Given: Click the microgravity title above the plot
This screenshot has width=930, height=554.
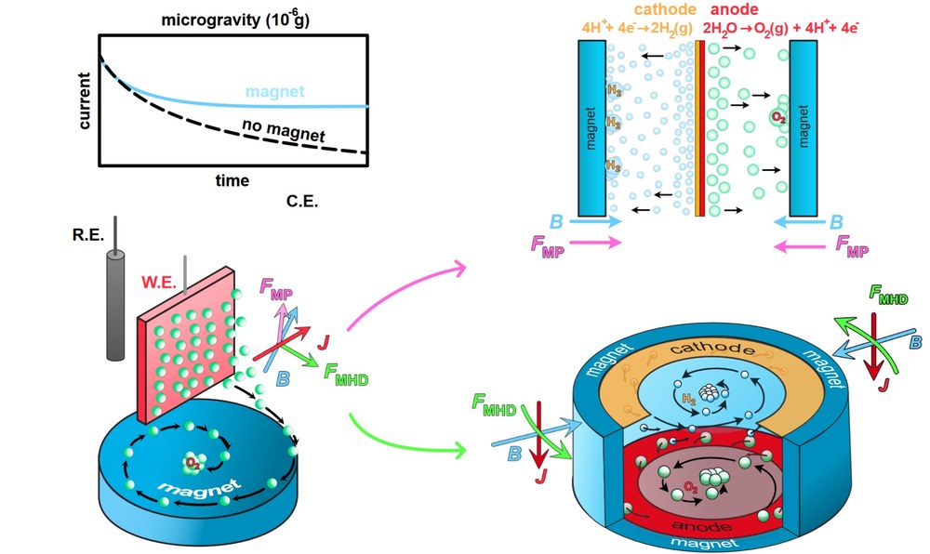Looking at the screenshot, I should [234, 19].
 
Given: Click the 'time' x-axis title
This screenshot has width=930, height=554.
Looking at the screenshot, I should [232, 180].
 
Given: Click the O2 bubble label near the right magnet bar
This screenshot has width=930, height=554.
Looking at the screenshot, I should [776, 117].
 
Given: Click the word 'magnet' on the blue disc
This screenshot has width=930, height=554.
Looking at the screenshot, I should [193, 487].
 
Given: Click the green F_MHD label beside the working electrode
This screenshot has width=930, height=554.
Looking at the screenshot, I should [346, 375].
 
